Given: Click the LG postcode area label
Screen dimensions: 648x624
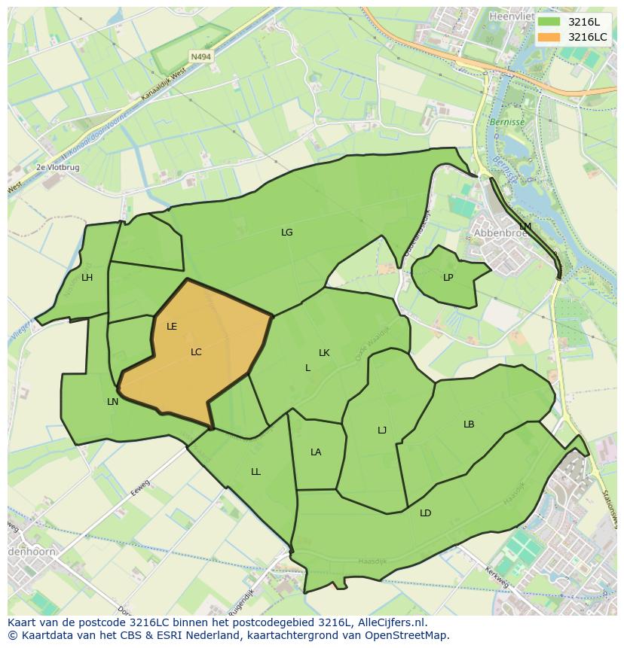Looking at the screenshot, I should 286,233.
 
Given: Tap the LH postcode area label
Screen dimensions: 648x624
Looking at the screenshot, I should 87,278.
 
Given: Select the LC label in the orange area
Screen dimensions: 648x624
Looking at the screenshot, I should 196,352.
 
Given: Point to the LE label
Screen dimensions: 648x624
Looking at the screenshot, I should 172,327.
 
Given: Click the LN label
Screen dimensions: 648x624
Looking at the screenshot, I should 112,402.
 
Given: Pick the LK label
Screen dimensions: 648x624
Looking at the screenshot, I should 324,353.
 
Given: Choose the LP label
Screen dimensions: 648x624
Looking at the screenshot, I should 448,278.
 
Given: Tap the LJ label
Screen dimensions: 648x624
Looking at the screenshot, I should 382,430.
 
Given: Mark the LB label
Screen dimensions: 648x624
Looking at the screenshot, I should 469,424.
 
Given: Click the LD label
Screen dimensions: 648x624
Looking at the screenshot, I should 426,513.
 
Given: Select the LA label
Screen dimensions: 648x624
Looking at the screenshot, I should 316,452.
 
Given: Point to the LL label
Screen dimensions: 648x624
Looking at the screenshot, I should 255,472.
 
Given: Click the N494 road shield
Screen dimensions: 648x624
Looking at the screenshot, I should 200,56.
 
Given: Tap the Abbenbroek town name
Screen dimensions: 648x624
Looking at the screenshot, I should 497,233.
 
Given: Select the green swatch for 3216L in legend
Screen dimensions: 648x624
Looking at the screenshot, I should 549,22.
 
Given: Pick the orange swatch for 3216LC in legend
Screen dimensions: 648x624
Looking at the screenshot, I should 549,37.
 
